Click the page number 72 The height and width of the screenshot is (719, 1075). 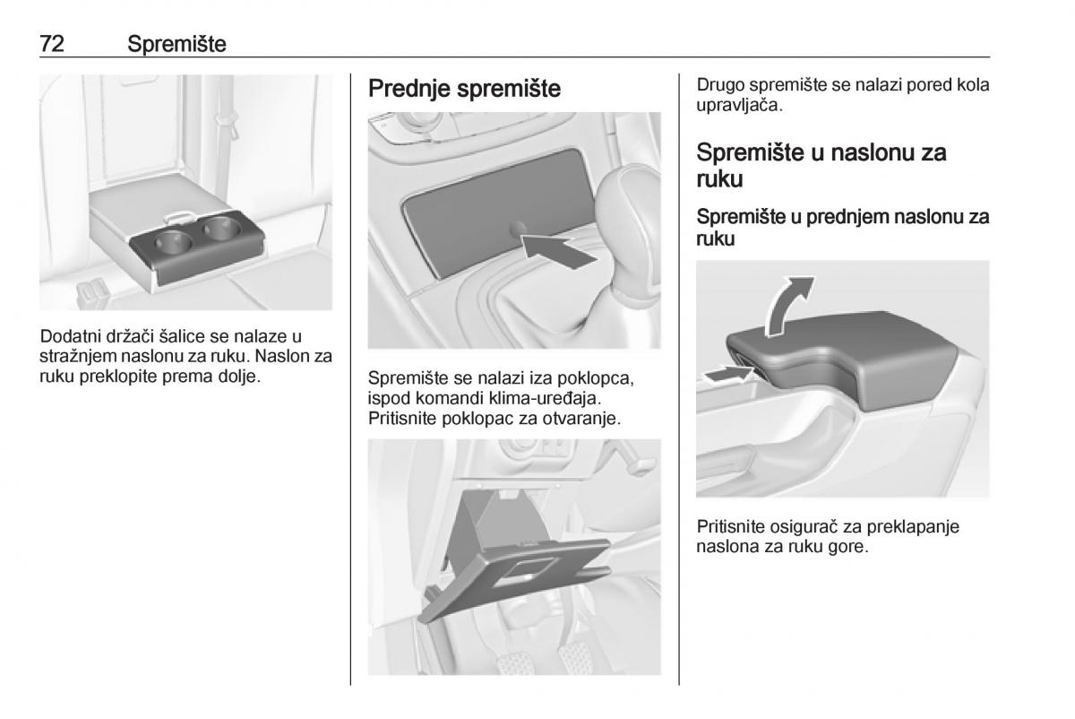pos(52,44)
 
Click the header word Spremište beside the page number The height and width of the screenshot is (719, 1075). pos(176,44)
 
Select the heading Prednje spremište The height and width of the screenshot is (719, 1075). pos(464,89)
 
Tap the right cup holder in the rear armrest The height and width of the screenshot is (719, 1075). pos(221,228)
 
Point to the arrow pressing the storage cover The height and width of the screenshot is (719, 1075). pos(559,251)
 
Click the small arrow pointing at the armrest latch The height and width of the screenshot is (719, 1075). pos(727,374)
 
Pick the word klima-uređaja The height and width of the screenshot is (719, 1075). pos(545,398)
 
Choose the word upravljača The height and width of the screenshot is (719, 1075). pos(739,106)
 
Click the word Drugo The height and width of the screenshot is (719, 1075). pos(720,85)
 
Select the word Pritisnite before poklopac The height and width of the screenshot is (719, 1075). pos(402,419)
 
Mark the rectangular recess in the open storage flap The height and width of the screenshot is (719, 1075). pos(524,572)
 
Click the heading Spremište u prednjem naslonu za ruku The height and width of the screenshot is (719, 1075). pos(843,228)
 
